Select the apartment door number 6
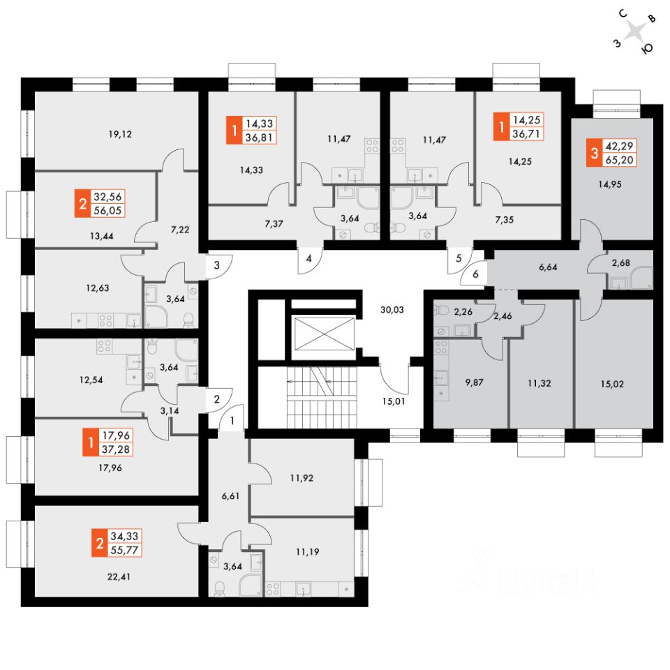click(x=475, y=274)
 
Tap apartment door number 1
click(x=232, y=421)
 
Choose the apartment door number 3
click(x=217, y=265)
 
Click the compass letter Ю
click(x=647, y=48)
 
